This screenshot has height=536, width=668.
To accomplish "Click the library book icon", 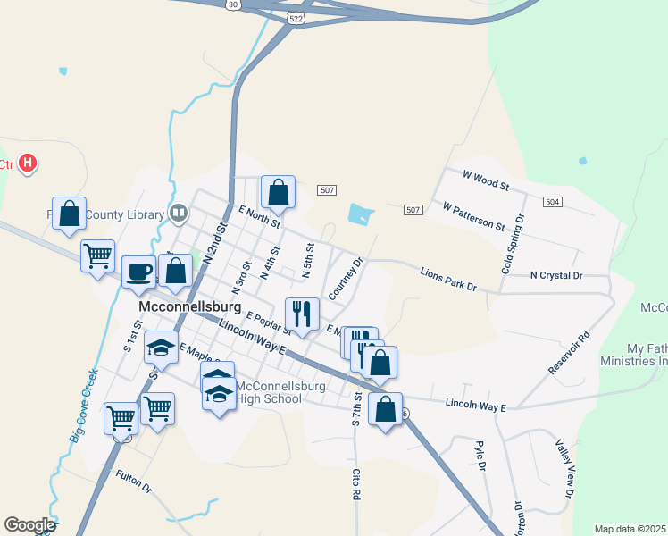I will (x=179, y=214).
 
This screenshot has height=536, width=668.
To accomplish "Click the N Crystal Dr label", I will (x=555, y=276).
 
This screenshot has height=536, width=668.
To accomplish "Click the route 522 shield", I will (x=297, y=18).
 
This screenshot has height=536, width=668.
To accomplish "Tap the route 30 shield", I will (x=233, y=4).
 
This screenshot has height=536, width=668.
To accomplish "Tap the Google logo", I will (x=29, y=525).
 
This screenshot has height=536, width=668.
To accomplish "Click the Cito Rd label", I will (x=355, y=482).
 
